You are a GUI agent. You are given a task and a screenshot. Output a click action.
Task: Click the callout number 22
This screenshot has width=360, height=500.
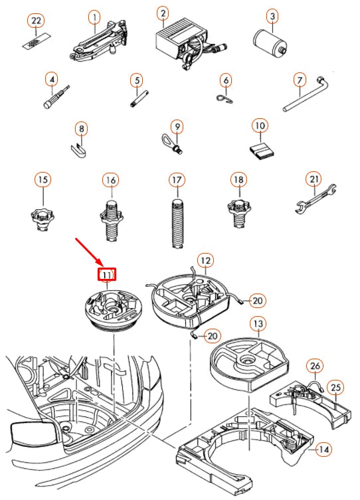point(36,21)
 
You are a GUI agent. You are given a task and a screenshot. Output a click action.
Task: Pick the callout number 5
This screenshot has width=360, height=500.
point(137,80)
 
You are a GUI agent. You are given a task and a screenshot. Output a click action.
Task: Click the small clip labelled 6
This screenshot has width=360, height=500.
point(225,98)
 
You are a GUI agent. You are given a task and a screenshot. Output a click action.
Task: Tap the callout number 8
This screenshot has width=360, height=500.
point(82,129)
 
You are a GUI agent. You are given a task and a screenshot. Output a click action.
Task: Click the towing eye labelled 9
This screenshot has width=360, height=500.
point(171,145)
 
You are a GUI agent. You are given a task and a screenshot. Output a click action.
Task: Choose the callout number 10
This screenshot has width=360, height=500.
point(260,125)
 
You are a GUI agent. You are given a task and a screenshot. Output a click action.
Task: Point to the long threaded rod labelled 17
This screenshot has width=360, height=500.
point(177,223)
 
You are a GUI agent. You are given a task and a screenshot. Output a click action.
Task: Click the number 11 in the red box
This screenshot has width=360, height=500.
point(106,274)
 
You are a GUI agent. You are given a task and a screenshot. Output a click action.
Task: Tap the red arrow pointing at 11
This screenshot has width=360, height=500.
point(89,252)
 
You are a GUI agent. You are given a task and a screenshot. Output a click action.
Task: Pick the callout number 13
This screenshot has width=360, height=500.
point(258,323)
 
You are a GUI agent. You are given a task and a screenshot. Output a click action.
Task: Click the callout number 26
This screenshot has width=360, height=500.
point(315,366)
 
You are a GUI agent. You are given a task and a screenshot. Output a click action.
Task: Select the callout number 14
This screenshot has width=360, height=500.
point(323,450)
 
